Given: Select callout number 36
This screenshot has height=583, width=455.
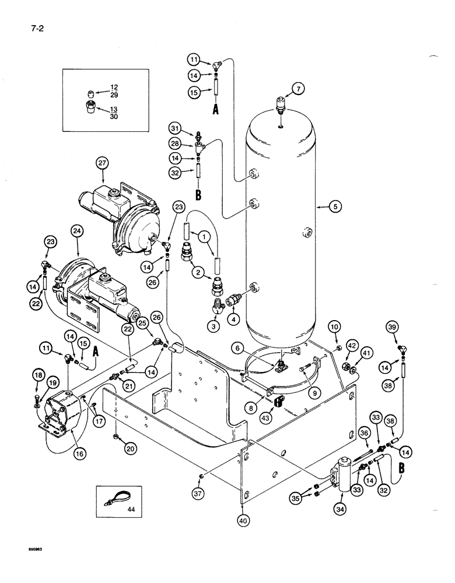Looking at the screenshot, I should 363,433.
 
